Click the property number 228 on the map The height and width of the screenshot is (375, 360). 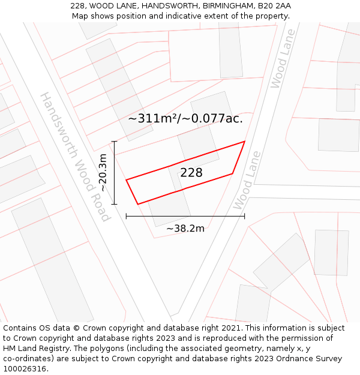pyautogui.click(x=191, y=173)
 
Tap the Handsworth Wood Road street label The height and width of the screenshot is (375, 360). pyautogui.click(x=76, y=157)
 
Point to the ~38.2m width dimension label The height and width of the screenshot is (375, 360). pyautogui.click(x=185, y=228)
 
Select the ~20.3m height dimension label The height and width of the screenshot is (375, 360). pyautogui.click(x=103, y=173)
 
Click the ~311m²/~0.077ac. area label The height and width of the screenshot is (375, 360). pyautogui.click(x=185, y=118)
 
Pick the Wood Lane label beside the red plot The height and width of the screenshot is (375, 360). pyautogui.click(x=247, y=180)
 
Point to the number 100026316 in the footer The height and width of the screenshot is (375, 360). pyautogui.click(x=24, y=369)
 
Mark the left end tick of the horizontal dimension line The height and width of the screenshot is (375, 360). pyautogui.click(x=126, y=216)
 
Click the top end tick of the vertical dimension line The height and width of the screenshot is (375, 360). pyautogui.click(x=114, y=142)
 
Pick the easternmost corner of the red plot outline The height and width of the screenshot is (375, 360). pyautogui.click(x=245, y=142)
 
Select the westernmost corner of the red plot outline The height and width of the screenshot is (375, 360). pyautogui.click(x=126, y=179)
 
